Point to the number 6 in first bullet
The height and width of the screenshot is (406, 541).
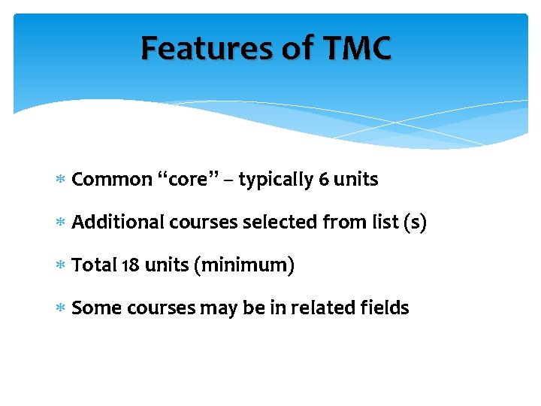(323, 180)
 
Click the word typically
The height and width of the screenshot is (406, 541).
(276, 180)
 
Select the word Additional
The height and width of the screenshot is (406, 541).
(118, 223)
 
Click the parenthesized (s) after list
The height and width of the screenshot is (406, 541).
(414, 223)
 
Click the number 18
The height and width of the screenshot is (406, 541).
(128, 265)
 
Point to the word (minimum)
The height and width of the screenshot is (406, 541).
(243, 266)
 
